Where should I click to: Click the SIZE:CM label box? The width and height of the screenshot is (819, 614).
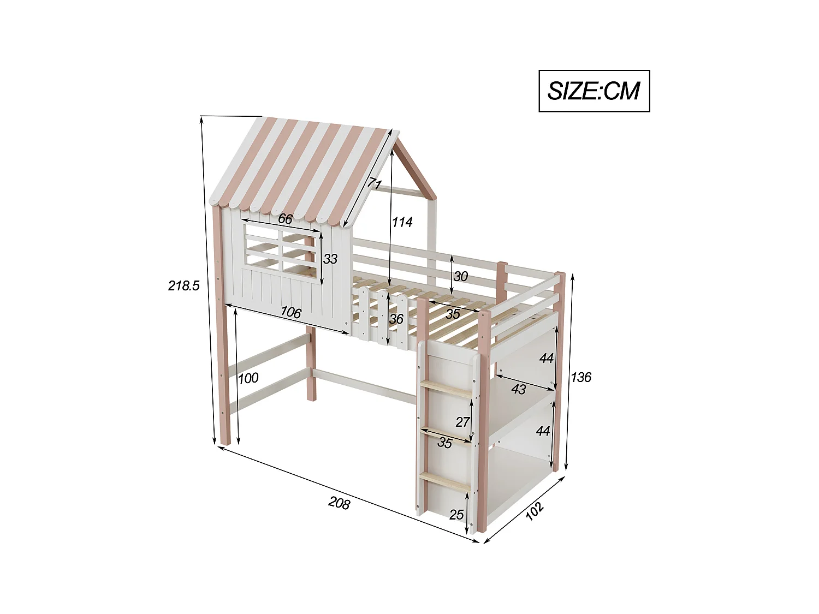tap(594, 91)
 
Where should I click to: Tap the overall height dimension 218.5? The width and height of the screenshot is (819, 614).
tap(184, 285)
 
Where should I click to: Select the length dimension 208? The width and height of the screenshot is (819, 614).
tap(339, 503)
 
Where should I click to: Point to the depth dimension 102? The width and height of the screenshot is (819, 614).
tap(535, 509)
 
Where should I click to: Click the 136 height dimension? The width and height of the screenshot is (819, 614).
tap(581, 377)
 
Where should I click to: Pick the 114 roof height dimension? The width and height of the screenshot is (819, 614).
tap(402, 222)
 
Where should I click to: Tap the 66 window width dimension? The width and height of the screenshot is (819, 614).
tap(285, 219)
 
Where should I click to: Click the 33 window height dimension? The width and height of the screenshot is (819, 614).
tap(330, 259)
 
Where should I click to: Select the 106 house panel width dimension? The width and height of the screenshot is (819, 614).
tap(290, 313)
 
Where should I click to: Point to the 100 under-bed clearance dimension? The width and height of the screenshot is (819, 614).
tap(248, 378)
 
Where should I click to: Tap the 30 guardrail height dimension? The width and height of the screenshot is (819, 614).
tap(460, 276)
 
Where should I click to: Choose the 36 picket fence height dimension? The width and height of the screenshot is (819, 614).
tap(396, 318)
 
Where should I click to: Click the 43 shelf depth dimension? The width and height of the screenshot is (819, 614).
tap(519, 389)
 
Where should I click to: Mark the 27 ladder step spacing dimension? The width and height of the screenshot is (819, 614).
tap(462, 421)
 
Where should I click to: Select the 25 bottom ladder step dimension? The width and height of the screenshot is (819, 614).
tap(456, 514)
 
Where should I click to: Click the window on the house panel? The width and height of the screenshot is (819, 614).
tap(281, 251)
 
